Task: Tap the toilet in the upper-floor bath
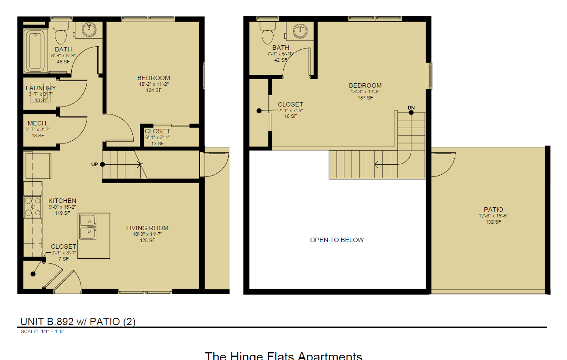click(x=267, y=34)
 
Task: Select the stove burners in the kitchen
click(x=33, y=206)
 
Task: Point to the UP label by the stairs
click(x=95, y=165)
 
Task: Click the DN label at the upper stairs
click(x=411, y=108)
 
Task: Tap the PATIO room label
click(x=493, y=209)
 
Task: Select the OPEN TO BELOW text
click(x=337, y=240)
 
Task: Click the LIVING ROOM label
click(x=147, y=228)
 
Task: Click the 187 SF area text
click(x=365, y=98)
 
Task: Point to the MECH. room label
click(x=37, y=123)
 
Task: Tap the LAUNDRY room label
click(x=40, y=88)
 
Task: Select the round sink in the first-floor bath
click(x=89, y=30)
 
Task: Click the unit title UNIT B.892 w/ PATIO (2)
click(x=78, y=322)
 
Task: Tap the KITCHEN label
click(x=62, y=201)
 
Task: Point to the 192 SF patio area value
click(x=493, y=222)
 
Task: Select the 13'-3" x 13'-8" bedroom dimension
click(x=365, y=92)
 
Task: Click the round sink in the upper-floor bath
click(x=301, y=30)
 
